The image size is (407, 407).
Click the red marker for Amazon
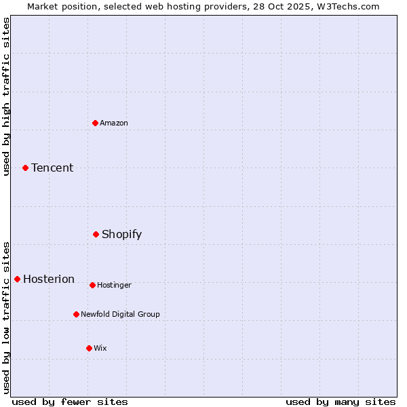click(x=96, y=123)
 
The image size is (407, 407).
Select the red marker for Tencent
click(x=26, y=168)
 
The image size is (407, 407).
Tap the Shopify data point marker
click(x=96, y=234)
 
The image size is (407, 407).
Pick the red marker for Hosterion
click(x=18, y=279)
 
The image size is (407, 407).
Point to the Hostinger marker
click(x=92, y=285)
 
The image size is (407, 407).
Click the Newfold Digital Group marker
click(x=77, y=314)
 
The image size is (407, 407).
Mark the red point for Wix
click(x=89, y=348)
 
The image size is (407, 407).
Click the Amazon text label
click(x=114, y=123)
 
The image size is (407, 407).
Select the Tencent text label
click(x=52, y=168)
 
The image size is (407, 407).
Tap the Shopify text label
click(x=122, y=235)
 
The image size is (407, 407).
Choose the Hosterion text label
click(x=49, y=279)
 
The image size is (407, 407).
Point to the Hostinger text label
click(x=114, y=286)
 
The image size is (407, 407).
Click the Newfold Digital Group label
click(x=120, y=315)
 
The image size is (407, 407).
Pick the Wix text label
click(x=100, y=349)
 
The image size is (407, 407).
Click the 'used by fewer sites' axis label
click(x=70, y=402)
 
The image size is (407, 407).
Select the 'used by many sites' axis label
click(x=341, y=402)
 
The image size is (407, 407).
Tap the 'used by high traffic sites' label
click(x=7, y=96)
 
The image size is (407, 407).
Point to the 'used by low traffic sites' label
click(x=7, y=317)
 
